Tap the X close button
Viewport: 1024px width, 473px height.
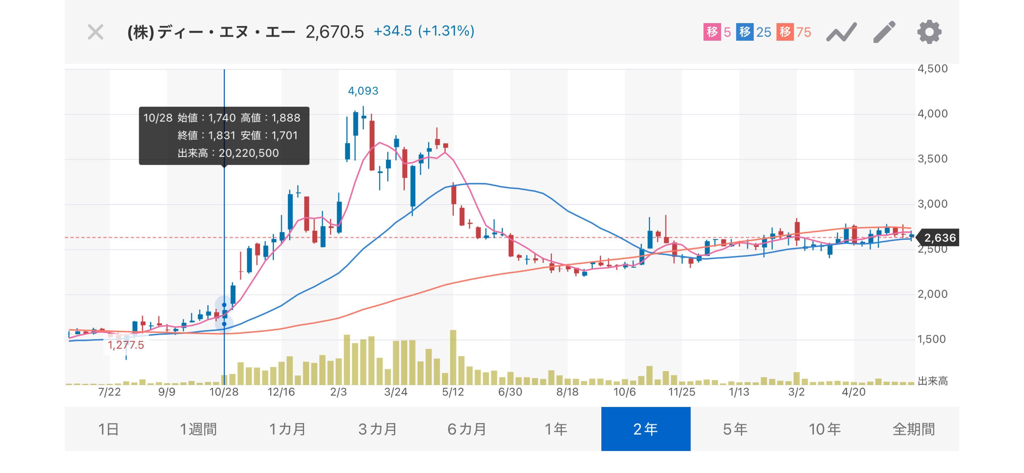pos(95,32)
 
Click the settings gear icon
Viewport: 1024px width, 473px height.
pos(929,32)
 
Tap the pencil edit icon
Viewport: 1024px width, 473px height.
pos(884,32)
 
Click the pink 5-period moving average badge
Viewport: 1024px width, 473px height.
pos(717,32)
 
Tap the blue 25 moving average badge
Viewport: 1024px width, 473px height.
pos(753,32)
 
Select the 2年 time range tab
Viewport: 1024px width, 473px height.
pos(646,429)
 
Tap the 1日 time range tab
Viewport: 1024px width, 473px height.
pos(109,429)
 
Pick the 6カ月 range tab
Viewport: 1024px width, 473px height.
pos(467,429)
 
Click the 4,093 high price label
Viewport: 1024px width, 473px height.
pos(363,91)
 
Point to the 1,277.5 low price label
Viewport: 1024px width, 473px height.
pos(126,345)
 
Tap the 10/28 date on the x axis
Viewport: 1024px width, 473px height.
pos(224,392)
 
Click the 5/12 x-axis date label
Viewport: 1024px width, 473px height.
pos(453,392)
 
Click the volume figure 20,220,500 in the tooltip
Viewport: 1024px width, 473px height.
pos(249,153)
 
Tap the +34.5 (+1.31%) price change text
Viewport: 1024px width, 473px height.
pos(424,31)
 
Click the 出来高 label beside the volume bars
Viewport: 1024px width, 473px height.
pos(933,381)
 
